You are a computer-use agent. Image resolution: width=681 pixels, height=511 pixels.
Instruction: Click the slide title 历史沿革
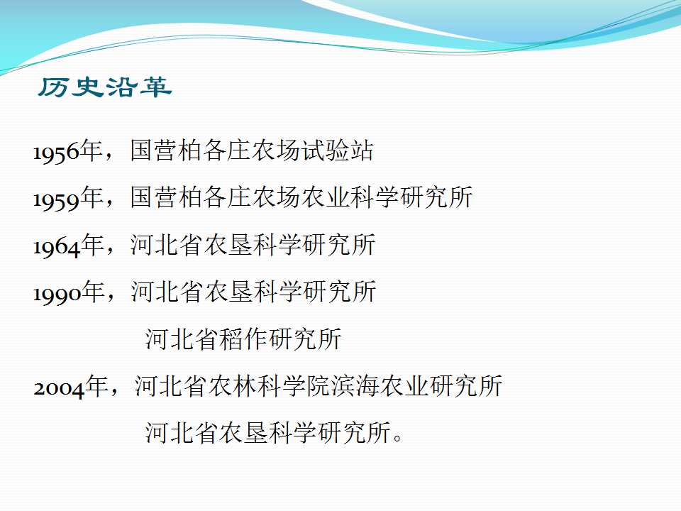pos(105,87)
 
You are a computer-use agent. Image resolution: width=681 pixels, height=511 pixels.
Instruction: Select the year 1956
pos(57,153)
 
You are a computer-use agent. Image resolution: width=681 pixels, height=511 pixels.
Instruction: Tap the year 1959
pos(57,199)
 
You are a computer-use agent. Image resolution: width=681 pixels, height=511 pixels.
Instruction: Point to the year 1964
pos(57,247)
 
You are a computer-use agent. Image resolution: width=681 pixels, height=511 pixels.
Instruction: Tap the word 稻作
pos(243,339)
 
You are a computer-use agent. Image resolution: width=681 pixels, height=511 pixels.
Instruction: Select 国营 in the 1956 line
pos(154,150)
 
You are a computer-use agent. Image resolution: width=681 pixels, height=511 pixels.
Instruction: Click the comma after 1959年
pos(111,204)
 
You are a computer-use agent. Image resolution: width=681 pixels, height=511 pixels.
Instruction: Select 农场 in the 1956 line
pos(276,150)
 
